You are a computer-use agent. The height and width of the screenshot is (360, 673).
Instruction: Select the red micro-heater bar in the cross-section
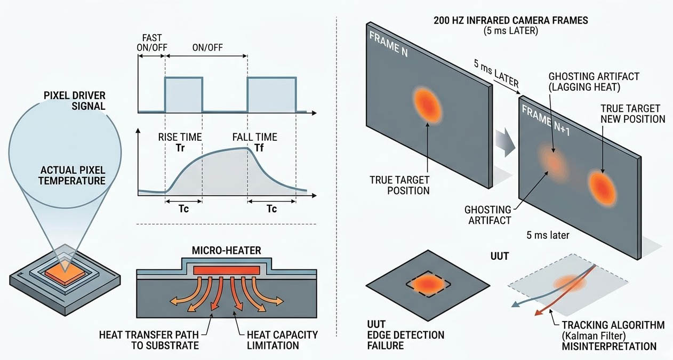pyautogui.click(x=227, y=270)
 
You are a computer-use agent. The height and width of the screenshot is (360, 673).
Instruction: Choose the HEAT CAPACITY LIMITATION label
pyautogui.click(x=282, y=340)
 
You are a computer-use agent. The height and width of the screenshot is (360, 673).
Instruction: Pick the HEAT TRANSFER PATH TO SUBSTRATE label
pyautogui.click(x=149, y=340)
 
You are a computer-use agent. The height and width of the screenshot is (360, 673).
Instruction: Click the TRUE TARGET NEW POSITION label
pyautogui.click(x=633, y=114)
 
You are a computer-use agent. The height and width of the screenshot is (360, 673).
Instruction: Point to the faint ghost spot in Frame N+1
pyautogui.click(x=552, y=162)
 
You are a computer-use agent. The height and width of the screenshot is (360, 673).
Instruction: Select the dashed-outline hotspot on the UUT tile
pyautogui.click(x=427, y=284)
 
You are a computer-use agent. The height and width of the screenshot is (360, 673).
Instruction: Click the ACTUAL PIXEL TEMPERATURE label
pyautogui.click(x=73, y=175)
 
